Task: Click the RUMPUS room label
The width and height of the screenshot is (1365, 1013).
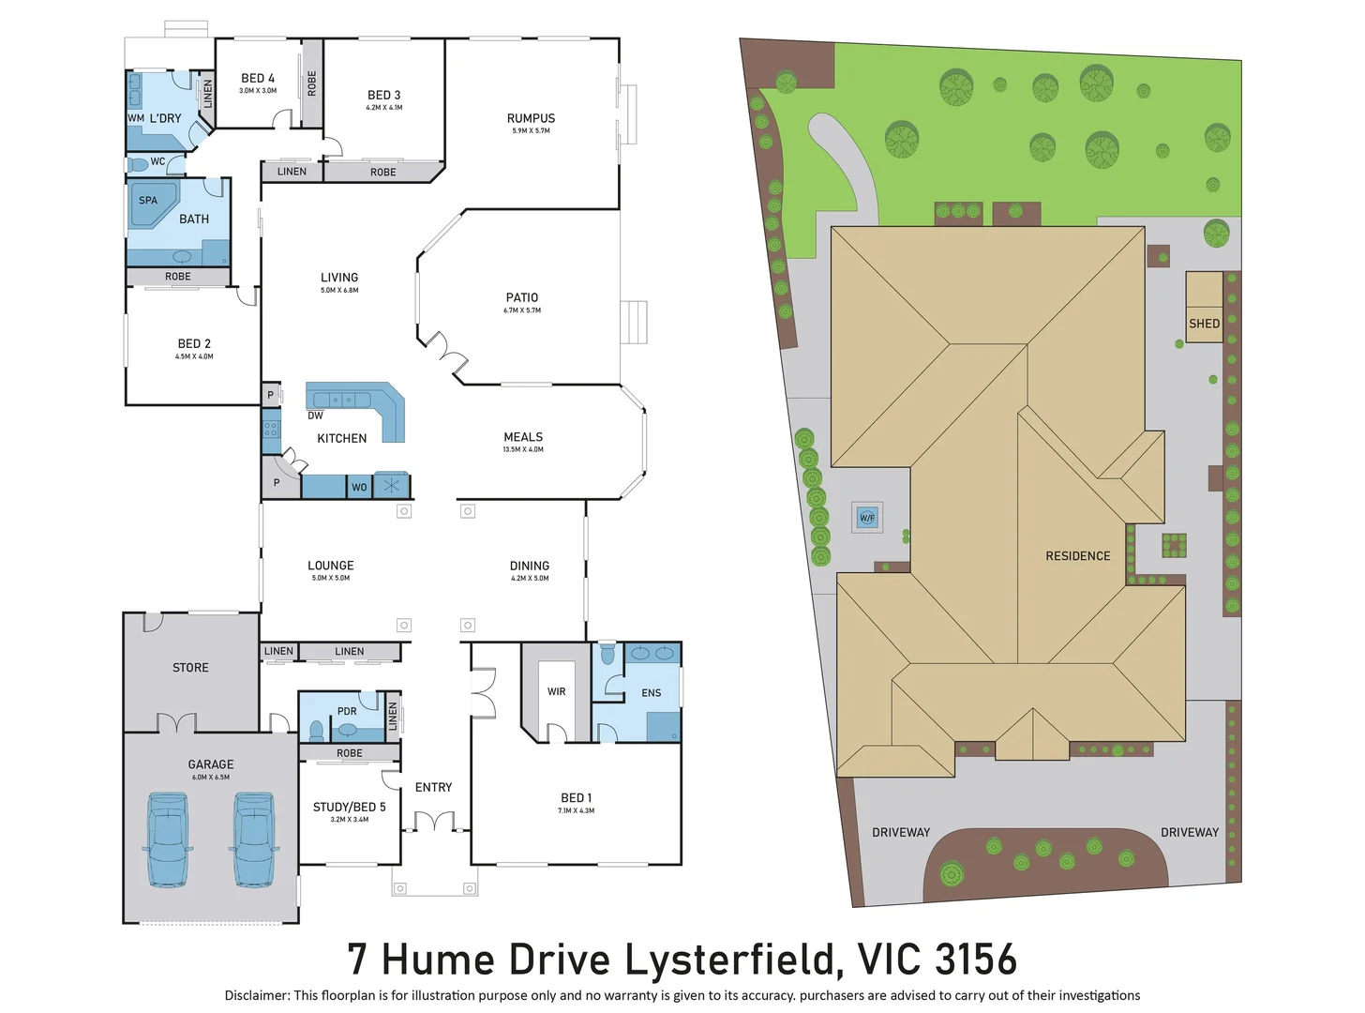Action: click(531, 118)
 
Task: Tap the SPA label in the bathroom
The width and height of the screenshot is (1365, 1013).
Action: click(148, 200)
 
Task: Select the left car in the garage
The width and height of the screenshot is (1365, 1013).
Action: click(168, 839)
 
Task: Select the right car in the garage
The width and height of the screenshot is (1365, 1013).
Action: click(253, 839)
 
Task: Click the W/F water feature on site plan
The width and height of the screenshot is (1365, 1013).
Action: click(867, 518)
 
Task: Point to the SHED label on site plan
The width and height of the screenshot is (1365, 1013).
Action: click(1204, 324)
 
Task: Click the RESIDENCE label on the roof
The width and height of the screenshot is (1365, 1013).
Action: click(1077, 556)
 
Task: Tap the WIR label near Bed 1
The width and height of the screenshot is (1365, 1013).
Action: click(557, 691)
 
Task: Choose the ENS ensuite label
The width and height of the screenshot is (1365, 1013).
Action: click(652, 693)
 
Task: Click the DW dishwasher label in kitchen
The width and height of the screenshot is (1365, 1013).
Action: click(315, 416)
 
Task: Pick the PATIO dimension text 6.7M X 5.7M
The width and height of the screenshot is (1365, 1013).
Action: click(522, 310)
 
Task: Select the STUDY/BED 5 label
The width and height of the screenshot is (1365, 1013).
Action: click(349, 807)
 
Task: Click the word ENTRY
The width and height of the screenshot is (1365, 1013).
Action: click(433, 787)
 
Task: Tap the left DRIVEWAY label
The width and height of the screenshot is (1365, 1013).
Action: click(901, 832)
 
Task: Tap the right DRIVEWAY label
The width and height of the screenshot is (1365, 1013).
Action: click(1190, 832)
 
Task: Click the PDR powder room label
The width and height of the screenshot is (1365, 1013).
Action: click(347, 711)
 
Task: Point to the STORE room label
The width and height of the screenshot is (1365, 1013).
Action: click(190, 668)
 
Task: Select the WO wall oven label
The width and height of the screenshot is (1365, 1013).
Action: click(359, 487)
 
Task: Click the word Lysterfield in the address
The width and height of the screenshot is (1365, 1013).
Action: click(731, 960)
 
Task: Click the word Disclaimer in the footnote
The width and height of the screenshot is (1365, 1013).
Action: click(256, 995)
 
